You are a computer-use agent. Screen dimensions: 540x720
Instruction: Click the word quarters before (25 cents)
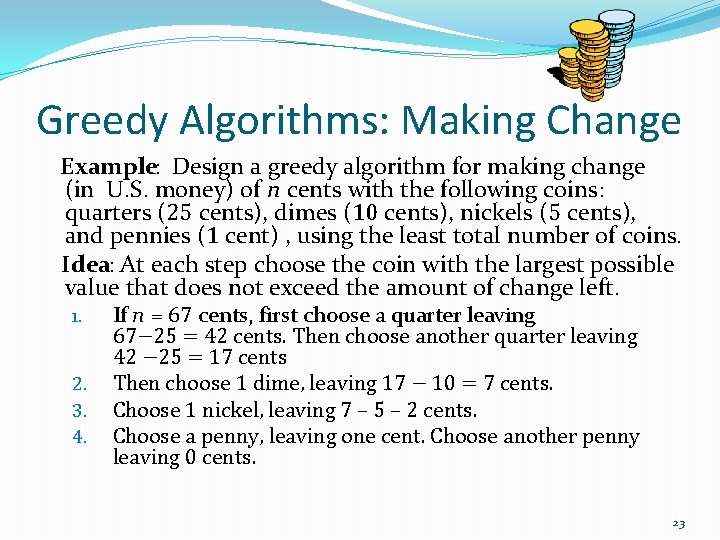107,214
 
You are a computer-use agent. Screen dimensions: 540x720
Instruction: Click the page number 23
679,523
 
